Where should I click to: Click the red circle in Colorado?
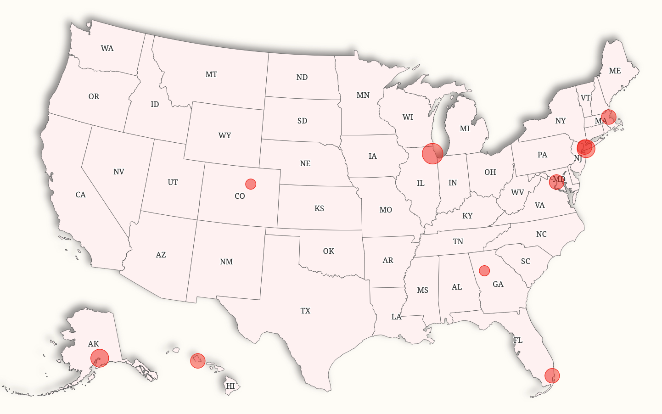(x=251, y=184)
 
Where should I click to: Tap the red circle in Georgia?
(x=484, y=270)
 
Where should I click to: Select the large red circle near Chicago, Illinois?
(x=432, y=153)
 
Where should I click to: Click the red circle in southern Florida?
(x=552, y=376)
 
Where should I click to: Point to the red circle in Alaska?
(x=100, y=358)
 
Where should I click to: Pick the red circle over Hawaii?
(x=198, y=361)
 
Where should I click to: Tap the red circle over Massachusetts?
(x=609, y=117)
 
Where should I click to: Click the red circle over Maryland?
(x=557, y=182)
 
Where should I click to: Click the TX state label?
(x=305, y=311)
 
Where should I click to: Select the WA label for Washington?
(x=107, y=48)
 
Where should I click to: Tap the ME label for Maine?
(x=615, y=71)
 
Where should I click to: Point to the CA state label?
(x=81, y=195)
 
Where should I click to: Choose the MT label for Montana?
(x=211, y=74)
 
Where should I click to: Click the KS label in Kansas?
(x=320, y=208)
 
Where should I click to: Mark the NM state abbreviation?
(x=226, y=262)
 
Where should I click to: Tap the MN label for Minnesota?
(x=363, y=95)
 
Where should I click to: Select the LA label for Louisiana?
(x=396, y=317)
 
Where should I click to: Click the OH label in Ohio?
(x=490, y=172)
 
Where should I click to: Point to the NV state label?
(x=119, y=172)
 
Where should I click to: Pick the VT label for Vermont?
(x=585, y=98)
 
